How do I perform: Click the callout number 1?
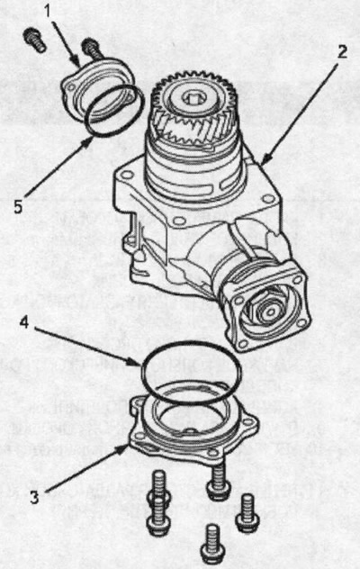click(x=48, y=11)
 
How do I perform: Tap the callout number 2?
click(x=341, y=51)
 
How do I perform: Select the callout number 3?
click(x=34, y=497)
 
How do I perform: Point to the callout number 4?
click(x=24, y=322)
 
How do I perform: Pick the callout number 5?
click(x=19, y=206)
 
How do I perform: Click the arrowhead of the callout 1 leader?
click(x=76, y=61)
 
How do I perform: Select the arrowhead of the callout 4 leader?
click(x=134, y=362)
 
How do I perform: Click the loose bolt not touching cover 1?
click(x=34, y=40)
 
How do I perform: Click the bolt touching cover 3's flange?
click(x=219, y=479)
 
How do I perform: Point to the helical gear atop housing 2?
click(x=193, y=109)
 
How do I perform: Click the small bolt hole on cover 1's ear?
click(x=71, y=86)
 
